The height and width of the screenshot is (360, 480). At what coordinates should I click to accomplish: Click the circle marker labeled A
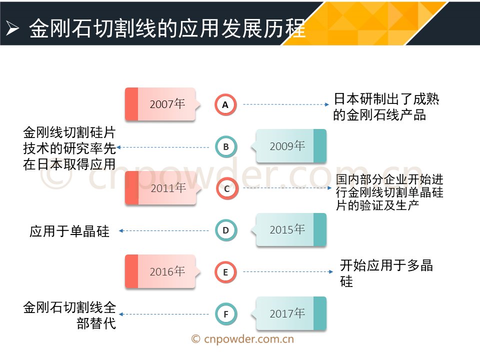click(225, 104)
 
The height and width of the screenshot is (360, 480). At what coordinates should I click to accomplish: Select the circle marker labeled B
click(226, 147)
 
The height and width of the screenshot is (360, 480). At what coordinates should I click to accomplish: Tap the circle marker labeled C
click(227, 188)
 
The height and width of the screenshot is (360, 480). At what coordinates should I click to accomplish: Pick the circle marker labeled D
click(226, 230)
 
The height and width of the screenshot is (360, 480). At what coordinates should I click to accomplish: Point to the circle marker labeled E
click(225, 272)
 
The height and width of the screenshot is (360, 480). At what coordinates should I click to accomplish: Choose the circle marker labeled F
click(226, 314)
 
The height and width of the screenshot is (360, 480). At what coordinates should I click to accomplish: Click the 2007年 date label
click(167, 104)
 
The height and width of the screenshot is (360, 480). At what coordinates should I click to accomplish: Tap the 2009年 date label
click(287, 146)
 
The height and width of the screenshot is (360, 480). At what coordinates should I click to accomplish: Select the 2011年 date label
click(168, 187)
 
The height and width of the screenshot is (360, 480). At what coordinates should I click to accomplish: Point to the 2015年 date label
click(287, 229)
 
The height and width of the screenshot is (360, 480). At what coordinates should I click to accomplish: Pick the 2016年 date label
click(167, 271)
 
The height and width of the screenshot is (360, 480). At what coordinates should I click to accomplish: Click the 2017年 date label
click(287, 313)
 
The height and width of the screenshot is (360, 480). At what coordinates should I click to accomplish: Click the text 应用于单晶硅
click(69, 231)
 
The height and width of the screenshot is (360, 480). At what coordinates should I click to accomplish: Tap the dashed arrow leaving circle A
click(286, 104)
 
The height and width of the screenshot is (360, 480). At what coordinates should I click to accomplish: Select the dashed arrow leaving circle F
click(164, 314)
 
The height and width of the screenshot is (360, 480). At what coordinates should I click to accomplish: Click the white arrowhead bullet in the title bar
click(12, 28)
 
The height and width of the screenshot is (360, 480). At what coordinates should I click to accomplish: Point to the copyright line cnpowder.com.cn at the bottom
click(242, 339)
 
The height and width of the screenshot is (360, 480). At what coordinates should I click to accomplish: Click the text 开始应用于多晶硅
click(386, 273)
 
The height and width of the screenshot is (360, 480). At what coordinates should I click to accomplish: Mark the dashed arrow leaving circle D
click(164, 230)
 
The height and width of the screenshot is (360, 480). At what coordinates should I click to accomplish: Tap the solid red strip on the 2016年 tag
click(131, 271)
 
